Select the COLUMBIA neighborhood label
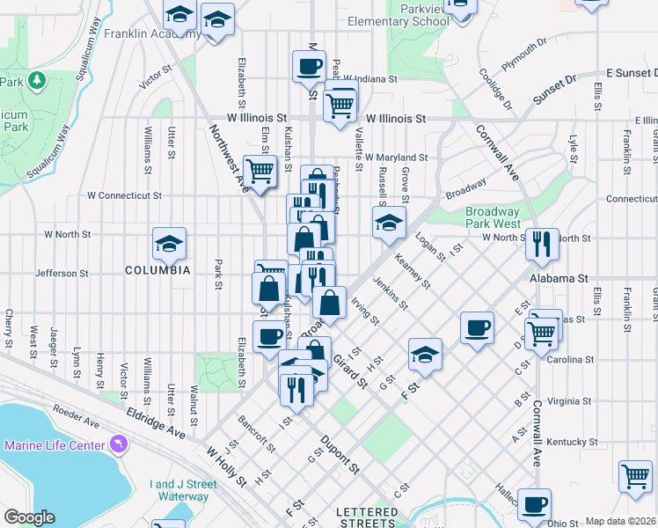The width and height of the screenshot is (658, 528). pos(157,270)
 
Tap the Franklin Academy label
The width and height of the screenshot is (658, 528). pos(141,34)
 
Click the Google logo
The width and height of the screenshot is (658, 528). pos(29,517)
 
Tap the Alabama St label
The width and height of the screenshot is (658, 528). pos(558,278)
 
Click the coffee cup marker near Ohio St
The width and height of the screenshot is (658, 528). pos(534,504)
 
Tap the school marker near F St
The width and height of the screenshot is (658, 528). pos(425,355)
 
